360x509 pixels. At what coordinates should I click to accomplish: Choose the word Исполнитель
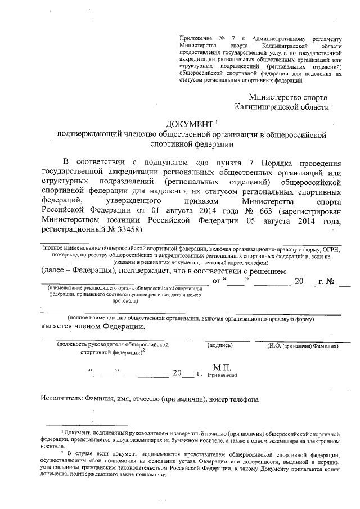pyautogui.click(x=61, y=399)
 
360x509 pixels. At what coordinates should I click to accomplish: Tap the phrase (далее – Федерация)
pyautogui.click(x=73, y=271)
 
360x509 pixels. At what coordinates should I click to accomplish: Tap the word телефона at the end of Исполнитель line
pyautogui.click(x=242, y=399)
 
